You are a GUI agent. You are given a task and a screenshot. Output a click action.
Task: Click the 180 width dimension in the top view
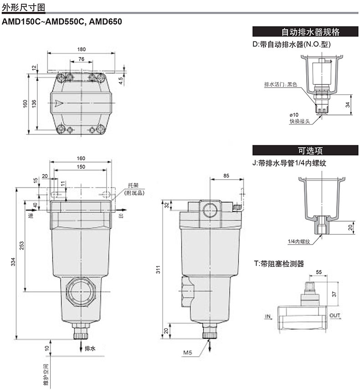click(x=81, y=49)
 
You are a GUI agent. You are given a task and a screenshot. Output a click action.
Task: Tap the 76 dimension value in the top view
click(x=81, y=59)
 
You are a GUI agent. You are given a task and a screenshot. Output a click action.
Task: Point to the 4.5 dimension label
click(x=120, y=81)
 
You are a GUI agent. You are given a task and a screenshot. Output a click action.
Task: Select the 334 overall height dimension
click(x=13, y=262)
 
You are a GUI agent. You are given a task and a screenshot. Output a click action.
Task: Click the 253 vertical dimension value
click(x=22, y=245)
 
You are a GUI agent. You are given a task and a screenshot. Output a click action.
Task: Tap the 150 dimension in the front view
click(x=81, y=166)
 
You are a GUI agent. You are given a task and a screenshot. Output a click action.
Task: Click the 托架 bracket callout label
click(x=133, y=185)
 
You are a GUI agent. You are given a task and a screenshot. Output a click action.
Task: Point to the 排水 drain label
click(x=90, y=348)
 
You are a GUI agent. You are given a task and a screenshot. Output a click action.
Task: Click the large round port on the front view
click(x=81, y=291)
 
